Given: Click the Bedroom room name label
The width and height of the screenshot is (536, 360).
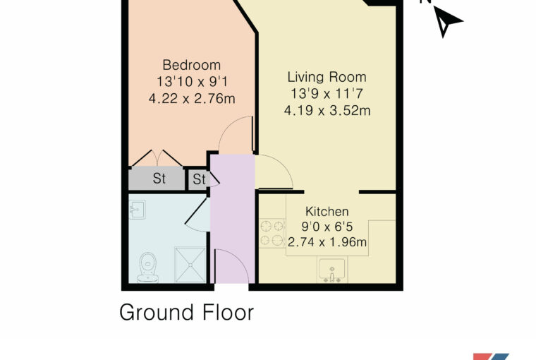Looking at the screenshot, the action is pyautogui.click(x=191, y=65).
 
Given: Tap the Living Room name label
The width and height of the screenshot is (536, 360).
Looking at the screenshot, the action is pyautogui.click(x=327, y=77).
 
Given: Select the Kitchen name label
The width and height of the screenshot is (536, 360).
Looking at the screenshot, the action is pyautogui.click(x=327, y=212).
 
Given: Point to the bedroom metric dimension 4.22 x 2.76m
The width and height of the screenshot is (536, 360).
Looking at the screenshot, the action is pyautogui.click(x=192, y=99).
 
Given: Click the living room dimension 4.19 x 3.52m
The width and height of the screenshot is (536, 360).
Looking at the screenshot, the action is pyautogui.click(x=327, y=111).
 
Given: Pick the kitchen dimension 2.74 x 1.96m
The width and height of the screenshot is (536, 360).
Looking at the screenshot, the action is pyautogui.click(x=327, y=242).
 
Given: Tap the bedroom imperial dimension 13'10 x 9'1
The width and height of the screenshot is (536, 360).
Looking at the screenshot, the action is pyautogui.click(x=192, y=82).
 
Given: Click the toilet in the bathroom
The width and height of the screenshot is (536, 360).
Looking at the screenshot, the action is pyautogui.click(x=147, y=268).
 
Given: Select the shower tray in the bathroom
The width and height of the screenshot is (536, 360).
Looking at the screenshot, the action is pyautogui.click(x=190, y=265).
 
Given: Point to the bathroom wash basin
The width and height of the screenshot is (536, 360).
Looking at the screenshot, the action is pyautogui.click(x=138, y=209).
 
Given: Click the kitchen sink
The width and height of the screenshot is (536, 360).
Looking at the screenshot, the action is pyautogui.click(x=331, y=270).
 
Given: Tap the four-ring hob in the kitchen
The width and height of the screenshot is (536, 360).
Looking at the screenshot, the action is pyautogui.click(x=272, y=233).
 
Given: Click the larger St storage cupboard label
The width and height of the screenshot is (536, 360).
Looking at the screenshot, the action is pyautogui.click(x=159, y=179).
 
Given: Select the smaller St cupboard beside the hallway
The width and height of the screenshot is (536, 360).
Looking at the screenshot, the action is pyautogui.click(x=200, y=179).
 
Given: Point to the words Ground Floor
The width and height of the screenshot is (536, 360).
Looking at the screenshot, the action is pyautogui.click(x=187, y=312).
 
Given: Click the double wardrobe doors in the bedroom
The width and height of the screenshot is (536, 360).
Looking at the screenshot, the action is pyautogui.click(x=157, y=158).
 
